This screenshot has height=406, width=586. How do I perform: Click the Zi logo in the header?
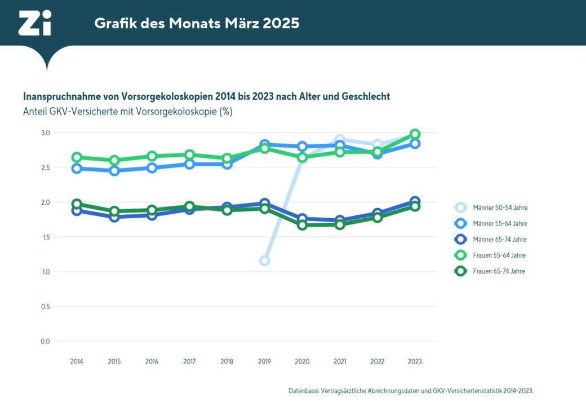35,23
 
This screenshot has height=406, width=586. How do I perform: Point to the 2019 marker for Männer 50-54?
264,261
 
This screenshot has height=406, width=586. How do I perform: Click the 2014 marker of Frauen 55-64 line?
77,157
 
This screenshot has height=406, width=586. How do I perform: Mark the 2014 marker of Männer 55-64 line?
77,169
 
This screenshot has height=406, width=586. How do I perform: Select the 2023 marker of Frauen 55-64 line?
415,134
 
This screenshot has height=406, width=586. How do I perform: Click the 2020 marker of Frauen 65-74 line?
302,225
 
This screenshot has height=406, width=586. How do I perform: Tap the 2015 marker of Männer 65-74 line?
114,217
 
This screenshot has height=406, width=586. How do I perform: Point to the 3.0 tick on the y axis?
45,133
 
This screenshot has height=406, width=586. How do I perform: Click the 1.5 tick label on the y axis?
45,237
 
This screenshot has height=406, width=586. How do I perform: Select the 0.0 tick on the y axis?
45,341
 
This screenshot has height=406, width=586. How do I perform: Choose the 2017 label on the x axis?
189,361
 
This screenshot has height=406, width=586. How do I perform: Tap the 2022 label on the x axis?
377,361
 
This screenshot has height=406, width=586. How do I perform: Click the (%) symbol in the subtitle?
225,112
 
